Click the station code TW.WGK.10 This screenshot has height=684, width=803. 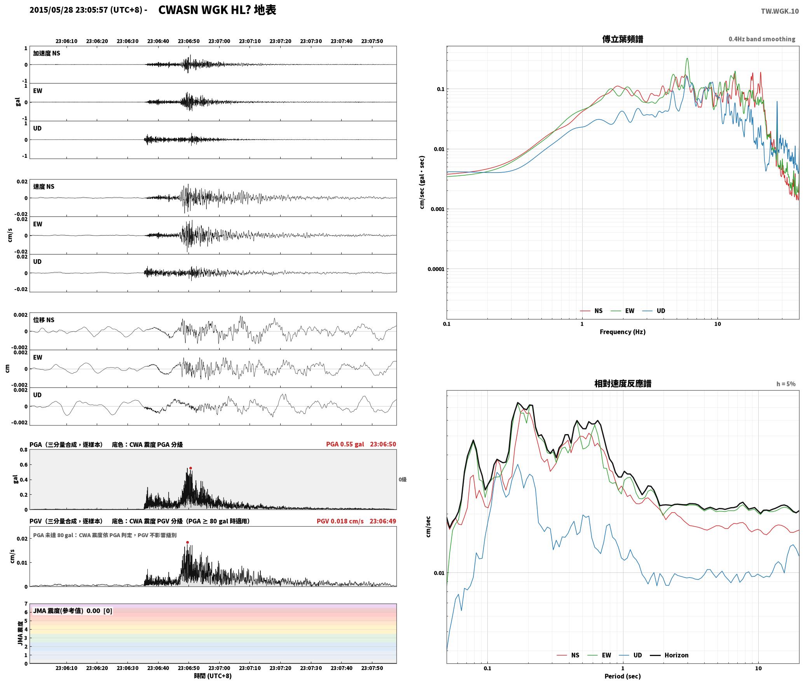[780, 11]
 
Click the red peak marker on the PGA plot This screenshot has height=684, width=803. [190, 468]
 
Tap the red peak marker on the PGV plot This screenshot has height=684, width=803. [187, 542]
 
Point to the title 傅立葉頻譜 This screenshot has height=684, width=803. [622, 39]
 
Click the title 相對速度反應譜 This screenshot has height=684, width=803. [623, 384]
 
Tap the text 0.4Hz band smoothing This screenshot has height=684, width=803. [762, 39]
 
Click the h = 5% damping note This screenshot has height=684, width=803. [786, 384]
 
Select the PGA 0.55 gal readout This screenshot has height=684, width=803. [345, 444]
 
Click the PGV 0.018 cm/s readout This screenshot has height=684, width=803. [340, 521]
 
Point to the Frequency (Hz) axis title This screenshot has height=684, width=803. [622, 332]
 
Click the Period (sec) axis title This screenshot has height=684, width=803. [622, 676]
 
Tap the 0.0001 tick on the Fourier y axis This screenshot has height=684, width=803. [436, 269]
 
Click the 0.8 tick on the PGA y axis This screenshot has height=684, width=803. [24, 450]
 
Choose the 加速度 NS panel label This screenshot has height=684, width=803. [47, 53]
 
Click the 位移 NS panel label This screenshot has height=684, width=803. [44, 320]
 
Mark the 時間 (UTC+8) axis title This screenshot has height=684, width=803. [213, 676]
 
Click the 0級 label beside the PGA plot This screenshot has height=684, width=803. [403, 480]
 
